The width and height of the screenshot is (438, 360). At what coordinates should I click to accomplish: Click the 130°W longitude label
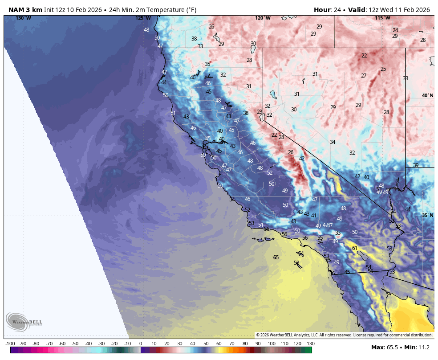(23, 18)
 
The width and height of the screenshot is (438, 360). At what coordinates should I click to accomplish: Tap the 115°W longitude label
(382, 18)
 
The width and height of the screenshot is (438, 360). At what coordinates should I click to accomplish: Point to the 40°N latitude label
(427, 95)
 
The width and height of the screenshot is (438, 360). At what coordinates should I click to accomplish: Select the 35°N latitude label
(427, 215)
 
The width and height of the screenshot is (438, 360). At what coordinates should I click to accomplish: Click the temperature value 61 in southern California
(355, 248)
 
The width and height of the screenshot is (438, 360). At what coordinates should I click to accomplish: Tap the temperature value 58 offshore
(296, 263)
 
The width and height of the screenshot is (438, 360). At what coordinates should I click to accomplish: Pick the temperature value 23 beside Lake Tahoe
(260, 112)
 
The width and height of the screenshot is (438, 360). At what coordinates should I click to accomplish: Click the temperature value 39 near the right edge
(416, 165)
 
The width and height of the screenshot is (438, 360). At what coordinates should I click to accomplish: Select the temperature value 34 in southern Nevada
(333, 142)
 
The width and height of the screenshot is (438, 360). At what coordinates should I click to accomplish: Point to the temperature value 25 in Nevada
(383, 69)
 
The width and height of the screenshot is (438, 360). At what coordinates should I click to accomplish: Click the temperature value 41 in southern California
(314, 216)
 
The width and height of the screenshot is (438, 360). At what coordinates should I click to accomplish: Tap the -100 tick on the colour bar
(10, 344)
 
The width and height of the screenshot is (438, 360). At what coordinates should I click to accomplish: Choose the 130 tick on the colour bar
(311, 344)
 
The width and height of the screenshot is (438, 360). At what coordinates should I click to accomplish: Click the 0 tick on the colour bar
(141, 344)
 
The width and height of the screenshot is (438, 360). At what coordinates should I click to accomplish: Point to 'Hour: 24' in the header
(327, 10)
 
